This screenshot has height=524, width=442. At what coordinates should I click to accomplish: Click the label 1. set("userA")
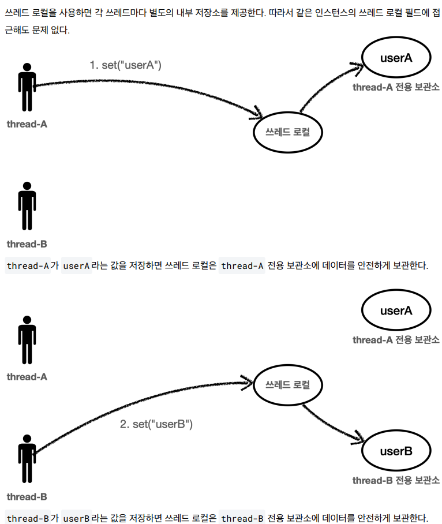[x=125, y=65]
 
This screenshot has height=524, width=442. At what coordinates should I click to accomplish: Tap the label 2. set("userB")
[x=156, y=424]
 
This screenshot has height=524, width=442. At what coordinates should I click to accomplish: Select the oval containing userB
[x=396, y=451]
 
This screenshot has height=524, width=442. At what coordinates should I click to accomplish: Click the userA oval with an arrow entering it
[x=396, y=58]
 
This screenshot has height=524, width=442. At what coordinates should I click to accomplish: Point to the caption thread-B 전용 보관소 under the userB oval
[x=396, y=480]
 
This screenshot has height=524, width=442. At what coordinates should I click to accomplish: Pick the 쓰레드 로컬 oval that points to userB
[x=287, y=384]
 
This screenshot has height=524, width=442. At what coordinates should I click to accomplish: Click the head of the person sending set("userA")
[x=27, y=68]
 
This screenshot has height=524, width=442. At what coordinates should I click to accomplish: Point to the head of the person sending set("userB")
[x=27, y=440]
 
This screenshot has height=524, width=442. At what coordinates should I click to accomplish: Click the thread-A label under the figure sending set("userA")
[x=27, y=124]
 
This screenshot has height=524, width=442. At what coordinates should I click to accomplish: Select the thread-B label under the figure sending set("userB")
[x=27, y=496]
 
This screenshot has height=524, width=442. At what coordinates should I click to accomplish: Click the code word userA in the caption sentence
[x=77, y=266]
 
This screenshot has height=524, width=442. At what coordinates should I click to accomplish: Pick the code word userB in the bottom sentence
[x=77, y=518]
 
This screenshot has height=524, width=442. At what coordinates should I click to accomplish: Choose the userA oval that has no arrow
[x=396, y=310]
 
